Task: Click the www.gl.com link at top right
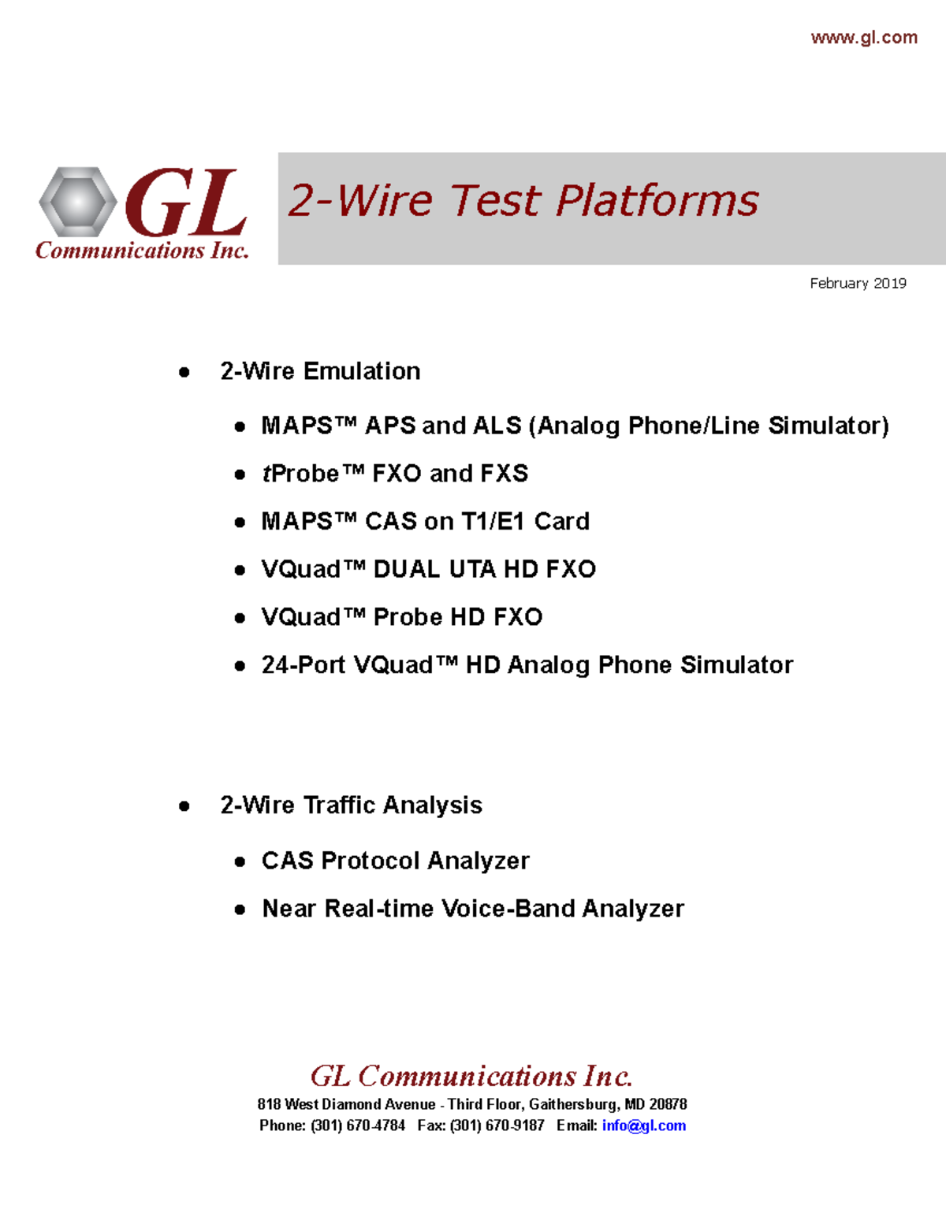coord(864,37)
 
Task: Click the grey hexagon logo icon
coord(77,202)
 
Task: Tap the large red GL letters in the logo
coord(186,203)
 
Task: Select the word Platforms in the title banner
coord(657,200)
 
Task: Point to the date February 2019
coord(858,283)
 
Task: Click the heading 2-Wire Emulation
coord(320,371)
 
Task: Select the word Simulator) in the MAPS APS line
coord(829,426)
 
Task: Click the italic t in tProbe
coord(266,474)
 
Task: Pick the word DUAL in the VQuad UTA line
coord(406,569)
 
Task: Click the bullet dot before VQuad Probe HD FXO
coord(240,618)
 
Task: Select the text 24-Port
coord(304,665)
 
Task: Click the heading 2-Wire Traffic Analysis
coord(351,805)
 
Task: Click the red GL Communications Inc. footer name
coord(471,1076)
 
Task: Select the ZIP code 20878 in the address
coord(668,1104)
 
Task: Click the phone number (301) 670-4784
coord(358,1125)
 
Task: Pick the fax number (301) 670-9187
coord(497,1125)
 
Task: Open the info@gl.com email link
coord(643,1125)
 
